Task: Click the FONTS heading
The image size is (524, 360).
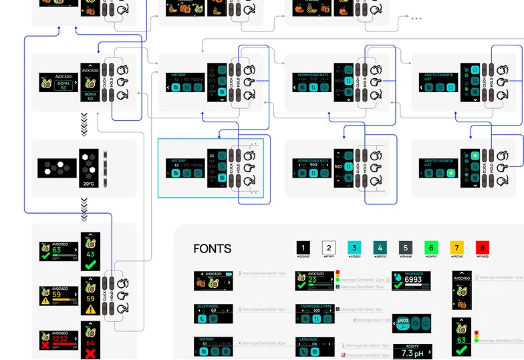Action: click(212, 248)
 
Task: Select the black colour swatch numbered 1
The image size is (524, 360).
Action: click(303, 248)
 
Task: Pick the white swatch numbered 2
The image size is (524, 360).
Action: click(329, 248)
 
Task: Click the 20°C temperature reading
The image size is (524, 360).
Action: click(89, 183)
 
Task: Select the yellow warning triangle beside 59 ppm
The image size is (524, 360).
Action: click(45, 301)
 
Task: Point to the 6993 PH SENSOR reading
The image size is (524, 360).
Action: click(413, 280)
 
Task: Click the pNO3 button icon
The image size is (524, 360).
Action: click(402, 324)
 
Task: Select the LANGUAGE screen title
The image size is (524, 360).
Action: click(313, 339)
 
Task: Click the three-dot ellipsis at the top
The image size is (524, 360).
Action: click(416, 19)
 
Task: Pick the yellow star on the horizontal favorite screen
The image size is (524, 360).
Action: click(452, 174)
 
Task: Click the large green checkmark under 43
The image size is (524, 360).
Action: click(90, 265)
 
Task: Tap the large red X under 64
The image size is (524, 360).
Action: click(90, 353)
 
